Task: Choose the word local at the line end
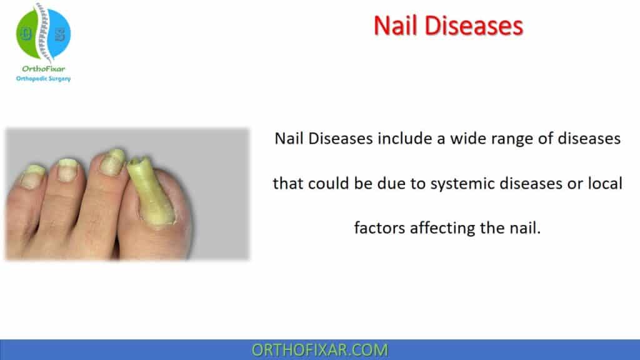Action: pos(605,184)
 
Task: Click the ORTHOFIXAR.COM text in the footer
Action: pos(319,350)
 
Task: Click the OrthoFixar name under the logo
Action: pos(42,68)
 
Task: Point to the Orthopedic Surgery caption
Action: pos(43,78)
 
